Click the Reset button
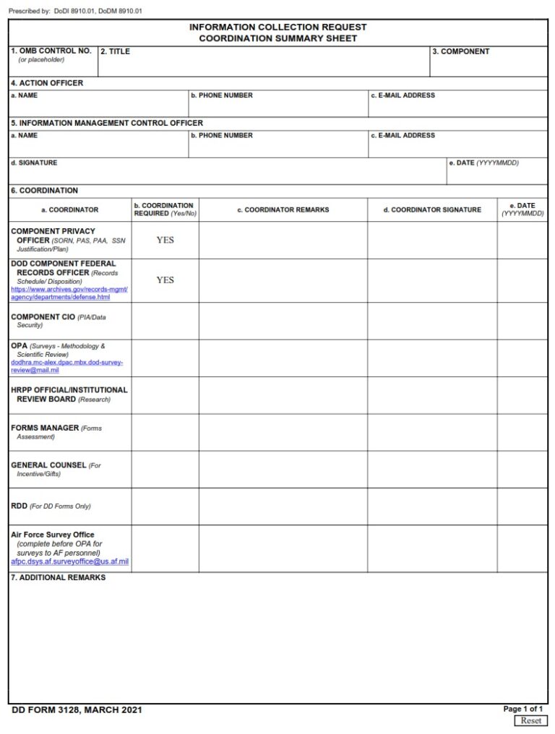click(530, 720)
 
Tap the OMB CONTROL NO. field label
click(51, 51)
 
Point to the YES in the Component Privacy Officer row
click(165, 240)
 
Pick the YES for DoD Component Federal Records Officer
click(165, 280)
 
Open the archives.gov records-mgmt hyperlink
click(69, 293)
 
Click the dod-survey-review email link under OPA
click(66, 366)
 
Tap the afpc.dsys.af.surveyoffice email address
click(69, 561)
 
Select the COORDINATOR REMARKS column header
click(283, 210)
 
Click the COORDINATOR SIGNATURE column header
click(431, 210)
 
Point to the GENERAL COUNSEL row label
click(48, 465)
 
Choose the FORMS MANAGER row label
click(45, 428)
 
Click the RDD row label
click(20, 506)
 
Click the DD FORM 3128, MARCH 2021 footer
click(77, 710)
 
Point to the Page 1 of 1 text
click(522, 709)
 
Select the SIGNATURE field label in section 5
click(34, 163)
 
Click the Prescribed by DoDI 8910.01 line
click(75, 11)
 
